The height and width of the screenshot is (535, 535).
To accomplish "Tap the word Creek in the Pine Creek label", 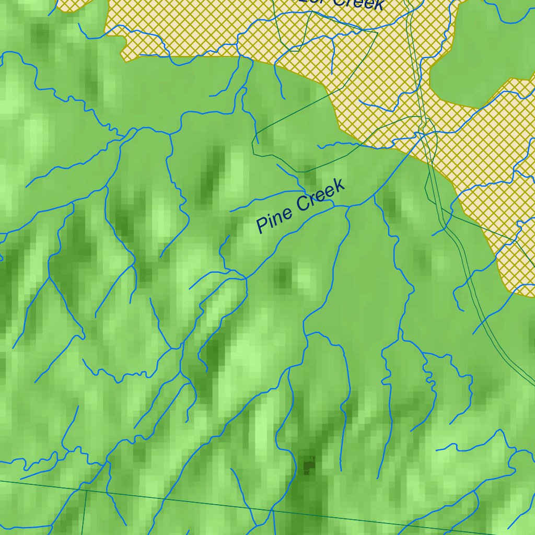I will point(320,195).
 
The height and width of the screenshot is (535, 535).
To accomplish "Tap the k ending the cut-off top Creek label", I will point(379,5).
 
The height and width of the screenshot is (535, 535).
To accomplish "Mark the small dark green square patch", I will point(309,464).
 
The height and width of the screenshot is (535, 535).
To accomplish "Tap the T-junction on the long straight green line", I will point(86,490).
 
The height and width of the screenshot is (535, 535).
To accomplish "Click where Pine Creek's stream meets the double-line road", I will point(421,135).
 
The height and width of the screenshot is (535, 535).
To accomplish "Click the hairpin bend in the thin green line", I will point(254,141).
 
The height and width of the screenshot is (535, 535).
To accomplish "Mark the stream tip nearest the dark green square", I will point(341,470).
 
